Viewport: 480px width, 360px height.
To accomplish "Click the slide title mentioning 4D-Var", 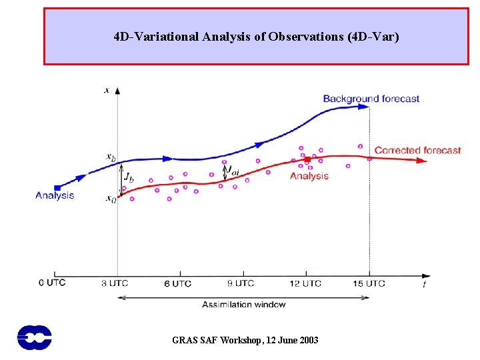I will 257,37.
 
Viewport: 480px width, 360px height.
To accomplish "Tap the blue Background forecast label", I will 371,99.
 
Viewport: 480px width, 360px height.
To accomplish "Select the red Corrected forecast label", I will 417,150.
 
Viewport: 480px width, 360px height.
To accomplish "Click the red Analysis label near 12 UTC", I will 309,176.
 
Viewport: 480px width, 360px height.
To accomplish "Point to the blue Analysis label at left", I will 55,195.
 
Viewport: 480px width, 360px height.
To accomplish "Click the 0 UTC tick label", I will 52,282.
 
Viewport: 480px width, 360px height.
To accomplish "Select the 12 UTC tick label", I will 306,283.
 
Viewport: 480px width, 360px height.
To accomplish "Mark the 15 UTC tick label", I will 369,283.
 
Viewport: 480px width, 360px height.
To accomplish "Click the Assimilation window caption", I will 244,304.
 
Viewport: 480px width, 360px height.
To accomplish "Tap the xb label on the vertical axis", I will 110,157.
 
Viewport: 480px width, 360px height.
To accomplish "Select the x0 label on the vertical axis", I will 110,199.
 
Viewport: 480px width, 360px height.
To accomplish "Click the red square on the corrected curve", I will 307,160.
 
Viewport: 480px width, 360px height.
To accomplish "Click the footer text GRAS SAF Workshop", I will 245,340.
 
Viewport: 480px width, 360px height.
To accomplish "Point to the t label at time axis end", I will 425,285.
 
